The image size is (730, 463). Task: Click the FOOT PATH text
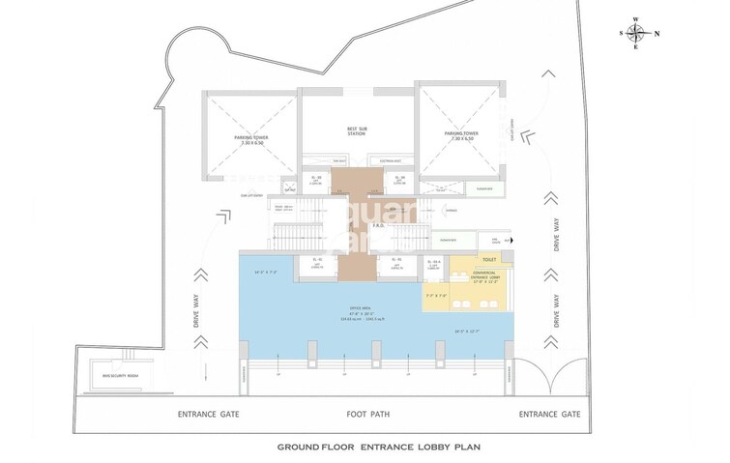[367, 415]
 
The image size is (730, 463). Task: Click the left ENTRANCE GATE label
[208, 415]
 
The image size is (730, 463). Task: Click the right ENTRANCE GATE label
[550, 415]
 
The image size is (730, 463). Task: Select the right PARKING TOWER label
[461, 136]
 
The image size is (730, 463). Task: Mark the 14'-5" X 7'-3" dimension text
[266, 273]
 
